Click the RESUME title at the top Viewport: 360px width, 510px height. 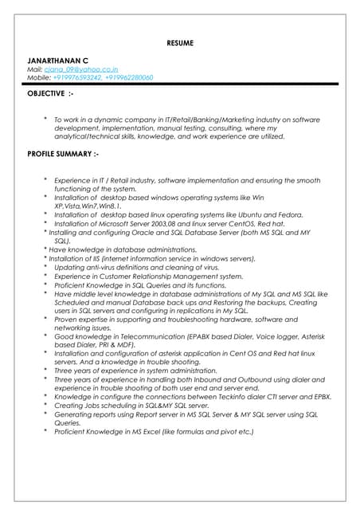pyautogui.click(x=180, y=42)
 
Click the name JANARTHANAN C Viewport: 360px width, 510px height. pyautogui.click(x=58, y=60)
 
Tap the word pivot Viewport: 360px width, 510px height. pyautogui.click(x=225, y=431)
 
